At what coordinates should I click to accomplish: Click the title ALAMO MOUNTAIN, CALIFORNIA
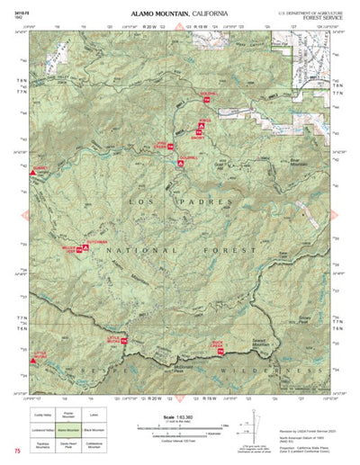coord(179,14)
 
